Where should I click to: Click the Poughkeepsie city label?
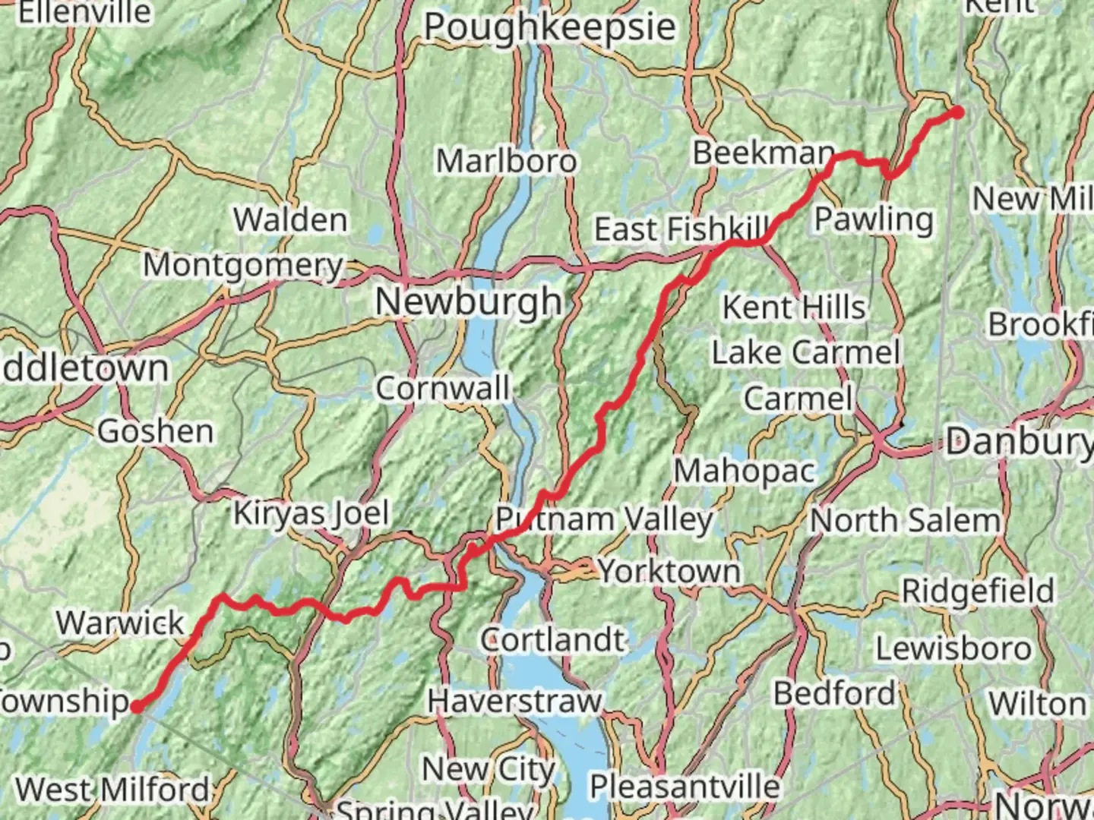549,28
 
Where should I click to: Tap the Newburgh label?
469,302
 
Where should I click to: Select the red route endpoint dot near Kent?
958,112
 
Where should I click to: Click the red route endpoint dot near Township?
137,707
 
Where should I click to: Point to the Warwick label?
120,623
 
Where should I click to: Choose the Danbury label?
1018,441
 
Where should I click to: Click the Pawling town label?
874,219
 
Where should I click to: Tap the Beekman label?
763,153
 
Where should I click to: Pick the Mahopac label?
745,471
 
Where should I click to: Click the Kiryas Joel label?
311,514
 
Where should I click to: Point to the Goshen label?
156,431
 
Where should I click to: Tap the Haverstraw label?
514,701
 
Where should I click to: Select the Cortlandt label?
552,640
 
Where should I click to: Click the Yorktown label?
669,571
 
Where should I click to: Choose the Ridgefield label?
978,591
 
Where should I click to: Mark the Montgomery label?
244,266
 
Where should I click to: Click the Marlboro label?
506,161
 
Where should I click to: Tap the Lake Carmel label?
805,353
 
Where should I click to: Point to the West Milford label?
112,790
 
